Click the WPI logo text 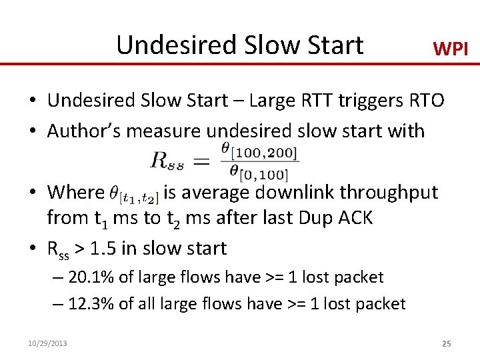pos(451,48)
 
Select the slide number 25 pos(447,343)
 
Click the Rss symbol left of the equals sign pos(170,160)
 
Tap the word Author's pos(83,131)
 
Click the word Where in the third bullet pos(76,193)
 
